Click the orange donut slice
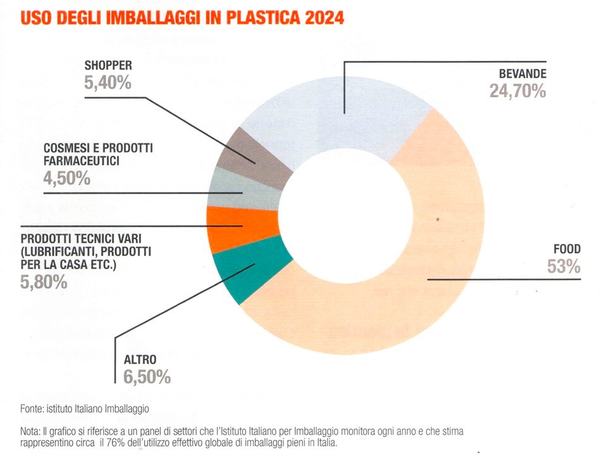[241, 229]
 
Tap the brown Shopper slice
[253, 157]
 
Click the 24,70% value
[518, 91]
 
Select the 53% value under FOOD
[564, 267]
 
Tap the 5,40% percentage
[107, 82]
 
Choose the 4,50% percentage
[67, 178]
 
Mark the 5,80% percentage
[44, 282]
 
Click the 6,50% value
[147, 377]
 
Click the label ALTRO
[140, 360]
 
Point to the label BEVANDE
[523, 73]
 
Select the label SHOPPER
[108, 65]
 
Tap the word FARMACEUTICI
[82, 161]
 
